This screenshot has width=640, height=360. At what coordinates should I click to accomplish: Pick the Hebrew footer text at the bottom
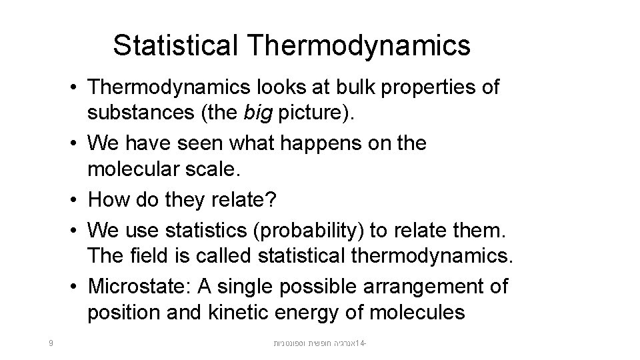point(321,344)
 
